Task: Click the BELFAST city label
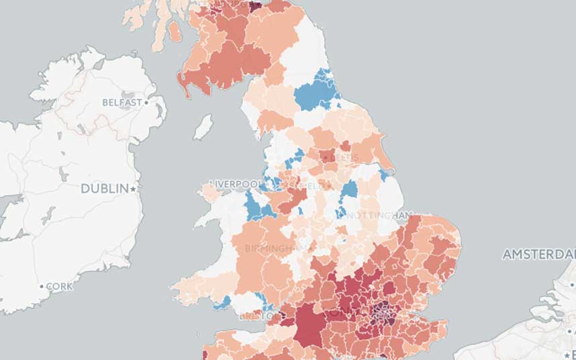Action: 122,103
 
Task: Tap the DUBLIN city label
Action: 104,189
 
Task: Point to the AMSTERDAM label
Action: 538,255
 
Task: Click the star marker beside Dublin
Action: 134,189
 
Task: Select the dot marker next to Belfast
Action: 146,103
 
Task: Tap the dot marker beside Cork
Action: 41,286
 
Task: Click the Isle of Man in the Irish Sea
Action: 203,126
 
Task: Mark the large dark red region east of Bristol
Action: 307,322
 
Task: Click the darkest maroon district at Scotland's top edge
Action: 255,5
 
